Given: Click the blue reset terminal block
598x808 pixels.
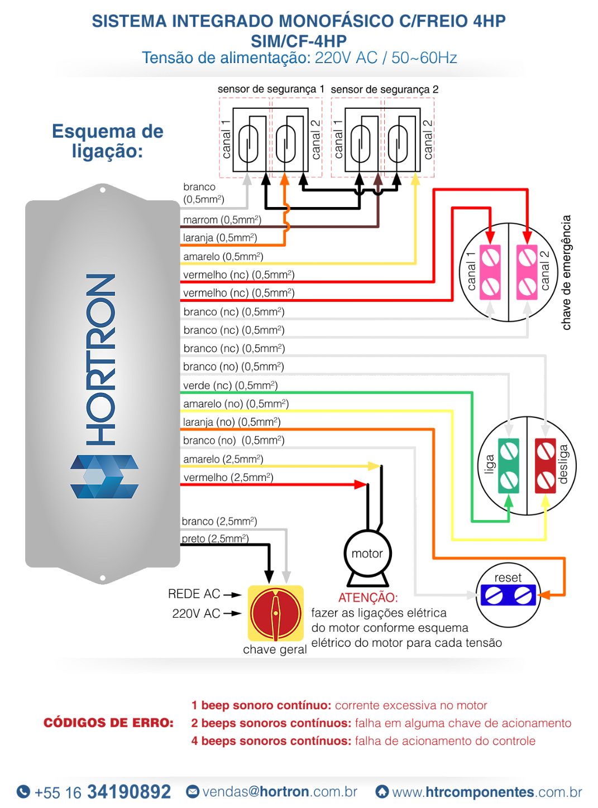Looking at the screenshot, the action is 508,595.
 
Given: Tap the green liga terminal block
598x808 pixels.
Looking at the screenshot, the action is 508,465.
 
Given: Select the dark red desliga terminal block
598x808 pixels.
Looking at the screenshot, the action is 545,465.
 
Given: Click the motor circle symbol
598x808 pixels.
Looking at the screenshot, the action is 367,553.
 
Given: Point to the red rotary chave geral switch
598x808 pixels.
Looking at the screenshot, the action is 276,613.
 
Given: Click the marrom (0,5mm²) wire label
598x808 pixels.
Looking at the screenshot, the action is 222,220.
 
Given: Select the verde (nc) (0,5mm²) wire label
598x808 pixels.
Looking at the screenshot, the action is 231,386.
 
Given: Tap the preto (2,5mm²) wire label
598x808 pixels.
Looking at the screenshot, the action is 216,538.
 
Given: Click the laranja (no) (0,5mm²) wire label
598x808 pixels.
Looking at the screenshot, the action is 232,422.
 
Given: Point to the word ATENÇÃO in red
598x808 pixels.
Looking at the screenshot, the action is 368,598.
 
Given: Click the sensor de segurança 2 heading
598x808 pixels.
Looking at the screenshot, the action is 385,90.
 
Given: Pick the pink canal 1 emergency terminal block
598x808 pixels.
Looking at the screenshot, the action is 490,272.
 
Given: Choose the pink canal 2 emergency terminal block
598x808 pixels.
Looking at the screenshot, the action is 527,272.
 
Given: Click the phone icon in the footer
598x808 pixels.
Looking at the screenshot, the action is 23,791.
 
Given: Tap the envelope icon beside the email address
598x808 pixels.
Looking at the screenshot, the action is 193,791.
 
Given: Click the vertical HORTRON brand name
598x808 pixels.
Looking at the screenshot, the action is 101,359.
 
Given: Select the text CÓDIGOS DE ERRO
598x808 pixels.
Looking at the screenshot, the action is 109,723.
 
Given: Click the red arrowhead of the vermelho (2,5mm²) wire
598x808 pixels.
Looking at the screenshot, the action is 361,484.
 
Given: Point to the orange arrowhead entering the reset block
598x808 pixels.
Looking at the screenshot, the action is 544,595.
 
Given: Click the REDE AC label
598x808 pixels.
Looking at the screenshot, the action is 194,594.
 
